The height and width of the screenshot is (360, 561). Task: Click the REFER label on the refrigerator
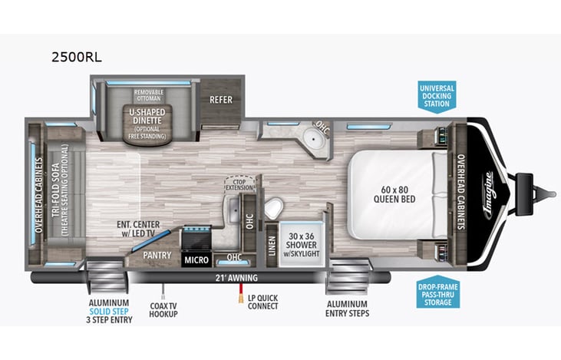tap(221, 99)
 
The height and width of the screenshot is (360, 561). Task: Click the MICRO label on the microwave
tap(196, 260)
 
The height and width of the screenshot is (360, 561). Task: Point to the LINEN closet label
tap(271, 245)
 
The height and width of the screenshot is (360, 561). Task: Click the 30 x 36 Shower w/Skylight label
tap(302, 239)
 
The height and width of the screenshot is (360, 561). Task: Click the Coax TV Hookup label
tap(163, 310)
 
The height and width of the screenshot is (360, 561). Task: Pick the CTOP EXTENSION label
tap(239, 183)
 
